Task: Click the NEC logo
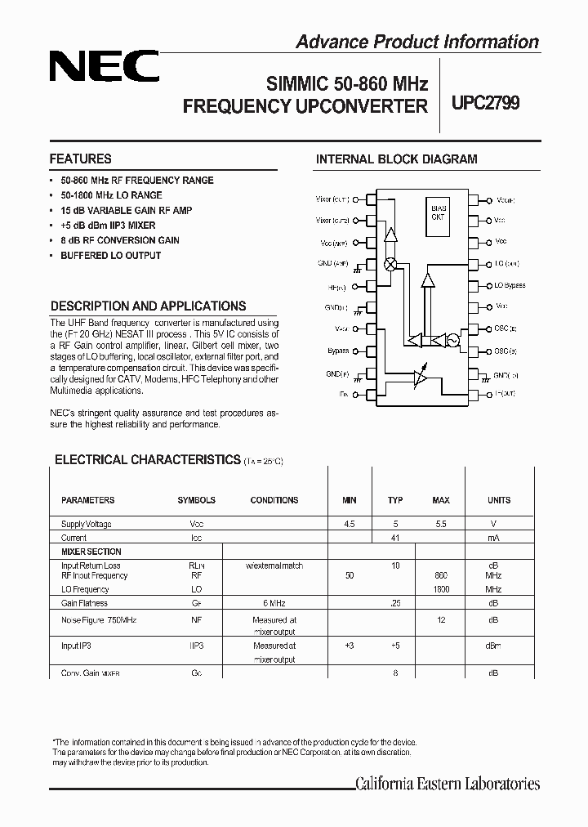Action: coord(104,66)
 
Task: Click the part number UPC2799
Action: coord(485,104)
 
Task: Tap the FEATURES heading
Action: coord(80,159)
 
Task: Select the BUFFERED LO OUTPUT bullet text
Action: coord(110,256)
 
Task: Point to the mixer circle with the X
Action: coord(390,265)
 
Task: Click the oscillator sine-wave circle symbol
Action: coord(452,339)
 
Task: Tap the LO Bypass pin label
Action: coord(510,286)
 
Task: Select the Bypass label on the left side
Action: coord(338,351)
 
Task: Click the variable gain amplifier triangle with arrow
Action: coord(420,377)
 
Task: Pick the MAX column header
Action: coord(441,500)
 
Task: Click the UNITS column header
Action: coord(498,500)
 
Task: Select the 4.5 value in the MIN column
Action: coord(350,524)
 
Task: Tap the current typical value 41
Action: coord(395,538)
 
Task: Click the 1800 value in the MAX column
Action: coord(441,589)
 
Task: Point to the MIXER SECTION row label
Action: coord(91,552)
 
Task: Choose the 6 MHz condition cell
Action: coord(274,603)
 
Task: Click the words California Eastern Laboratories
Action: coord(448,785)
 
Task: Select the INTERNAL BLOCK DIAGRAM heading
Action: coord(396,159)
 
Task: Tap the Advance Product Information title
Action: coord(416,42)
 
